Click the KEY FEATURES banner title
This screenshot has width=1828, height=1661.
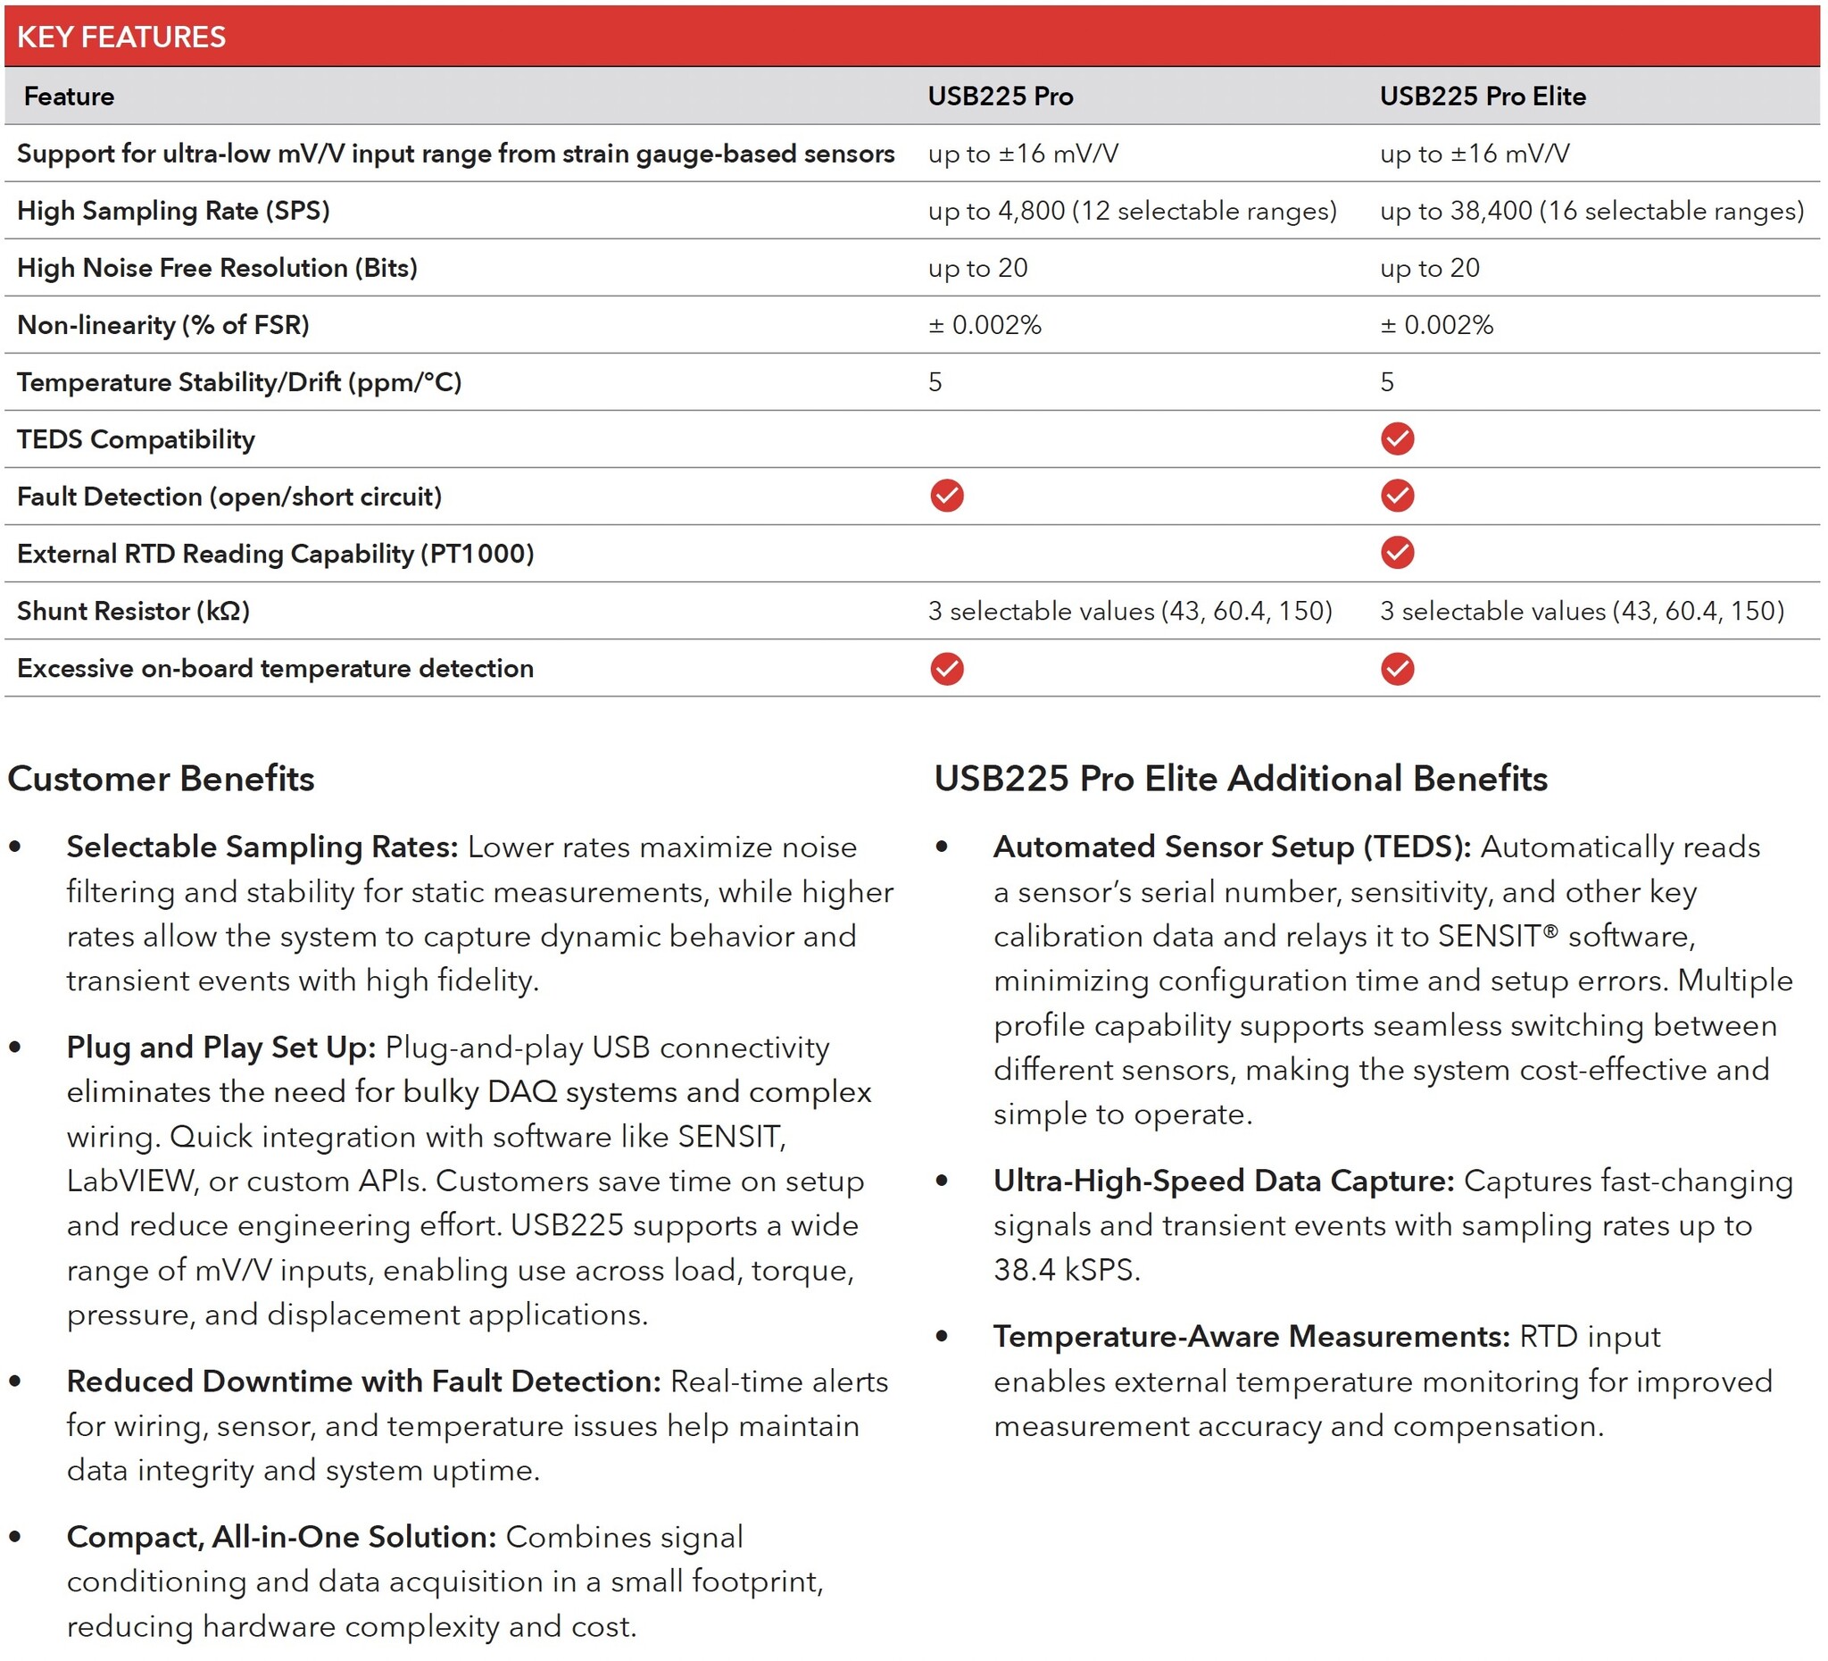coord(121,37)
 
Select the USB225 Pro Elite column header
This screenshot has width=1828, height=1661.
coord(1482,96)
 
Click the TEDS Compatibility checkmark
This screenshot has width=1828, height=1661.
coord(1396,439)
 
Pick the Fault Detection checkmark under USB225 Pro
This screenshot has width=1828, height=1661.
coord(947,497)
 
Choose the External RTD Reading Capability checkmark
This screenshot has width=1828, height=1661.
coord(1396,553)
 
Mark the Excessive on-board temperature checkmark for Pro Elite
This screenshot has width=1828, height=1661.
coord(1396,669)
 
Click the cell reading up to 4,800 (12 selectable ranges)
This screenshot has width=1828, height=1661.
coord(1132,211)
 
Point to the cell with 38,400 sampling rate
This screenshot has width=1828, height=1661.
coord(1591,211)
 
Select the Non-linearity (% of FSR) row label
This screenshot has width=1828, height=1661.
coord(163,325)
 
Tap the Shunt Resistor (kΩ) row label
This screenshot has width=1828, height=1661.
coord(133,611)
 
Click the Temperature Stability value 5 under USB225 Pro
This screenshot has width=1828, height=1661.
coord(935,382)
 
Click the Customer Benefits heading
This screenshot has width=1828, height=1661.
coord(161,779)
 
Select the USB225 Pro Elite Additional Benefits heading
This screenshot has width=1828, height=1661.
coord(1241,779)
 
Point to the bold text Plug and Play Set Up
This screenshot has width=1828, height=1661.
coord(220,1047)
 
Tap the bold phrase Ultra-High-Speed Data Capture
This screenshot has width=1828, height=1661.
coord(1223,1181)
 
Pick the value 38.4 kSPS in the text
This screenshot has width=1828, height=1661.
coord(1066,1269)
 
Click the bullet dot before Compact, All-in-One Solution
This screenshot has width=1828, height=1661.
coord(15,1536)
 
